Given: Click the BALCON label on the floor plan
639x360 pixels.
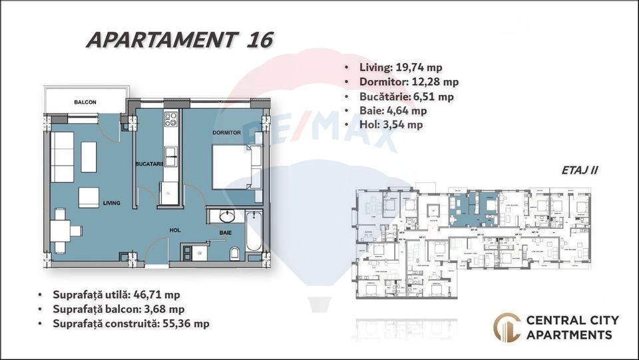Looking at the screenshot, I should coord(85,102).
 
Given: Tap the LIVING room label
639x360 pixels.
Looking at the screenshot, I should coord(111,203).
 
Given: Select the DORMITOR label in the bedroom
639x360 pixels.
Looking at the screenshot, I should coord(226,132).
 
